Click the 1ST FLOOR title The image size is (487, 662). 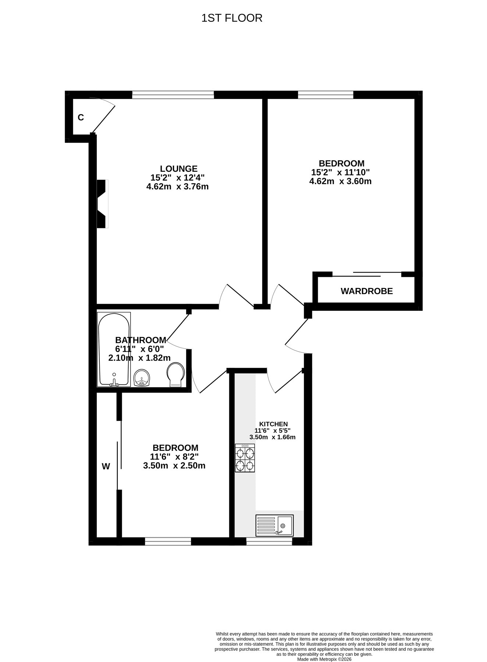pyautogui.click(x=232, y=18)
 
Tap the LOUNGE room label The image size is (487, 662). pyautogui.click(x=179, y=168)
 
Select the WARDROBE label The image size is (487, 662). pyautogui.click(x=367, y=291)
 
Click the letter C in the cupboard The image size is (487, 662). pyautogui.click(x=81, y=117)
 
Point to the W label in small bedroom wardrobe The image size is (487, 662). pyautogui.click(x=106, y=467)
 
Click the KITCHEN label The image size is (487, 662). pyautogui.click(x=273, y=424)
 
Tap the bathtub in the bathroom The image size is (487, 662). pyautogui.click(x=114, y=349)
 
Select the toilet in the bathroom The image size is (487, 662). pyautogui.click(x=175, y=374)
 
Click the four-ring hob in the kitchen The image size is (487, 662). pyautogui.click(x=245, y=458)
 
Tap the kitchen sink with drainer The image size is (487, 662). pyautogui.click(x=274, y=525)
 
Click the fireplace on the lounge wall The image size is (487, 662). pyautogui.click(x=103, y=204)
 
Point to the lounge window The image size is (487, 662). pyautogui.click(x=173, y=95)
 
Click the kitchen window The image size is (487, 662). pyautogui.click(x=269, y=541)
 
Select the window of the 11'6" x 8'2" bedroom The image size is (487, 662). pyautogui.click(x=168, y=541)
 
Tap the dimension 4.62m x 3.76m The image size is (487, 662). pyautogui.click(x=177, y=186)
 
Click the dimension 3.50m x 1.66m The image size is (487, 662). pyautogui.click(x=273, y=437)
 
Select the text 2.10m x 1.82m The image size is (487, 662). pyautogui.click(x=139, y=358)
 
